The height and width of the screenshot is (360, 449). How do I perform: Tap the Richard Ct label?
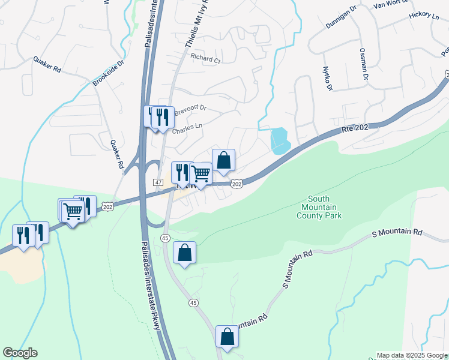point(206,59)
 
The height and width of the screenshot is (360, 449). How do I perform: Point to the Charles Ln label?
point(187,129)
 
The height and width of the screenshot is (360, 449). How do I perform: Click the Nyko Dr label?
point(328,79)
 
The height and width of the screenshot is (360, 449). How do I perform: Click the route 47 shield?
point(158,181)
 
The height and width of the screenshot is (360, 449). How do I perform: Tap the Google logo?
point(20,353)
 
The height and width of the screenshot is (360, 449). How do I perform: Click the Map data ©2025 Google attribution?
point(412,355)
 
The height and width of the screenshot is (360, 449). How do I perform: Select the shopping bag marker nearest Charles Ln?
point(223,160)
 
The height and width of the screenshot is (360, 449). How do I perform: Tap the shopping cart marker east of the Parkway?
point(201,173)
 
